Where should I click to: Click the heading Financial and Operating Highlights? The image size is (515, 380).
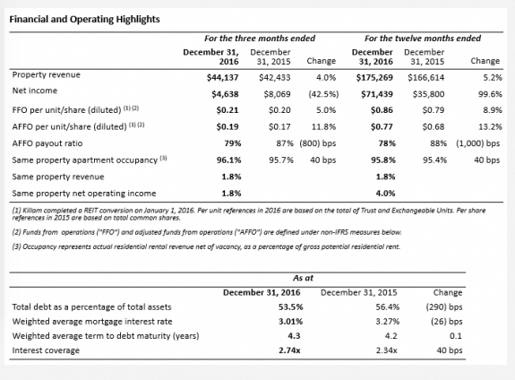(84, 20)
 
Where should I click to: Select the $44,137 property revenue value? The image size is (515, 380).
(223, 78)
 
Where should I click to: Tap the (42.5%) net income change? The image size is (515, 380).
(323, 94)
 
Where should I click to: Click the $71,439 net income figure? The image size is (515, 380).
(377, 94)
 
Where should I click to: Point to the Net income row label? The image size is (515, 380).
(35, 91)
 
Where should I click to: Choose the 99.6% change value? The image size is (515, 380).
(490, 94)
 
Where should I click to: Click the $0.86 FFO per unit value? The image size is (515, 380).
(382, 110)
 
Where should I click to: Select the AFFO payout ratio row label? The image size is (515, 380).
(47, 143)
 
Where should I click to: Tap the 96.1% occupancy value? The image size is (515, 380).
(228, 160)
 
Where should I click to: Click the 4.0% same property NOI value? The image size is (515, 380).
(386, 194)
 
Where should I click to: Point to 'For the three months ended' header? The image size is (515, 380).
(260, 39)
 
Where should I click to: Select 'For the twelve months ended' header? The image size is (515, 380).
(423, 39)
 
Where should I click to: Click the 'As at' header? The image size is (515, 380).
(303, 278)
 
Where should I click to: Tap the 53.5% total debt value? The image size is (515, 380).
(291, 307)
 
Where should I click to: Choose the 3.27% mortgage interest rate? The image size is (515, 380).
(388, 322)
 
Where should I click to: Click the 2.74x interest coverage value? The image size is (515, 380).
(289, 350)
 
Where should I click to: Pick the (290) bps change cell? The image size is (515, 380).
(444, 307)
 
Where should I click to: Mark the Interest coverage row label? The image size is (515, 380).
(46, 350)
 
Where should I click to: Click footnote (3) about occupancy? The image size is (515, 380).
(206, 246)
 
